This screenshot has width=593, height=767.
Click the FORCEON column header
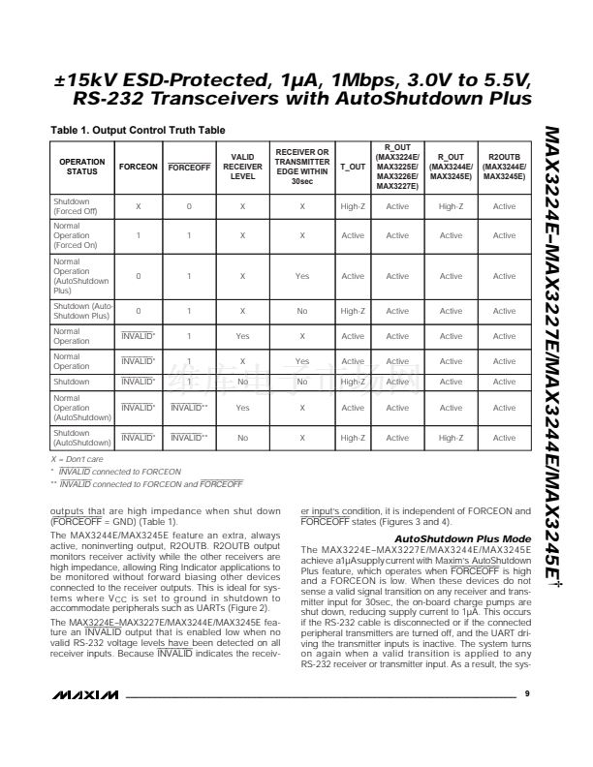click(139, 167)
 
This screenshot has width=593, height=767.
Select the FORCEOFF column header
click(189, 167)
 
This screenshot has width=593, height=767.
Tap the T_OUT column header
click(353, 167)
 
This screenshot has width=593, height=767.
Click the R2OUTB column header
click(504, 166)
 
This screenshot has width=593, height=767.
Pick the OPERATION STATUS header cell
click(82, 167)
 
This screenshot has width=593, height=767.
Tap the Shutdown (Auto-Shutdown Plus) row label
click(82, 311)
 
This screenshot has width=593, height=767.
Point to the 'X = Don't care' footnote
click(78, 457)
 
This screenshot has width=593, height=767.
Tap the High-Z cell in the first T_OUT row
click(353, 206)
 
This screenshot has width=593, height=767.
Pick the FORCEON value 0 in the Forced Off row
click(189, 206)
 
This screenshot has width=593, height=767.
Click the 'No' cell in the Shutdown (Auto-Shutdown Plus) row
click(302, 311)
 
